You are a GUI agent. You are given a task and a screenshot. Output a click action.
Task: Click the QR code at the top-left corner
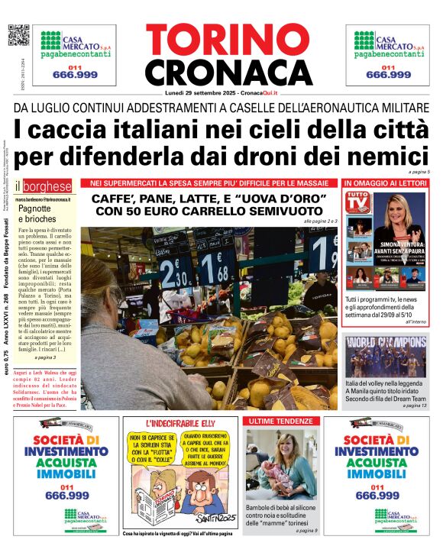click(18, 35)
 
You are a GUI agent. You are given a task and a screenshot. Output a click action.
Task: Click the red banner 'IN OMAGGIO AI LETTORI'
click(385, 184)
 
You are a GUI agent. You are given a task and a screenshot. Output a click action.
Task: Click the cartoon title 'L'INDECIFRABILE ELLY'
click(178, 422)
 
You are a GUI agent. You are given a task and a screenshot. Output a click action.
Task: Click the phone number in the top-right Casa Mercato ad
click(387, 75)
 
